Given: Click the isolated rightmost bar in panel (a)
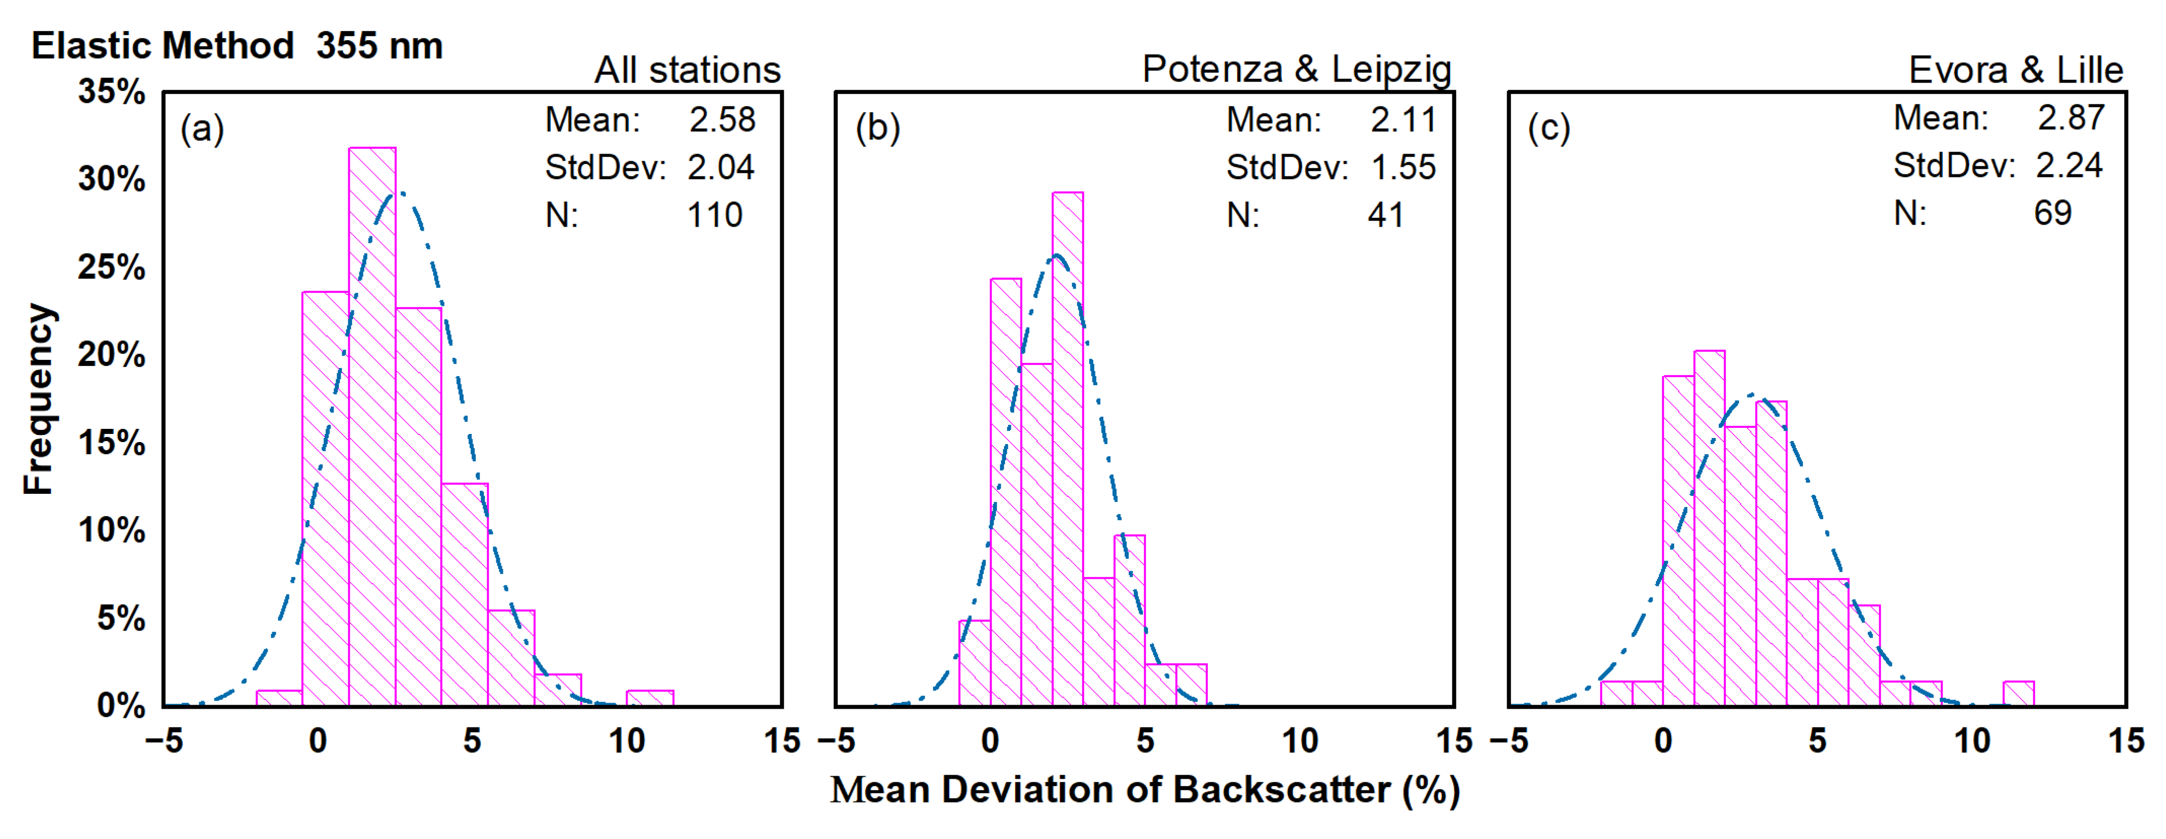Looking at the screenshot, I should point(649,698).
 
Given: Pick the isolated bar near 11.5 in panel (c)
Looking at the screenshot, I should point(2018,694).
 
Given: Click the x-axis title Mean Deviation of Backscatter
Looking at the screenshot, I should point(1145,790).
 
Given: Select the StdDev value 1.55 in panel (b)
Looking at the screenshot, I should point(1403,167).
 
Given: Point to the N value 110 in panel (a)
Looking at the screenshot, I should point(715,215).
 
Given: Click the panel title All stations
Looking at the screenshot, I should point(687,70).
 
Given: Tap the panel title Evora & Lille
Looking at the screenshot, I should point(2015,70).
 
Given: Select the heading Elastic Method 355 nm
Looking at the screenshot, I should point(237,46).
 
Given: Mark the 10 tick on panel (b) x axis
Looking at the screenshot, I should point(1299,741).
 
